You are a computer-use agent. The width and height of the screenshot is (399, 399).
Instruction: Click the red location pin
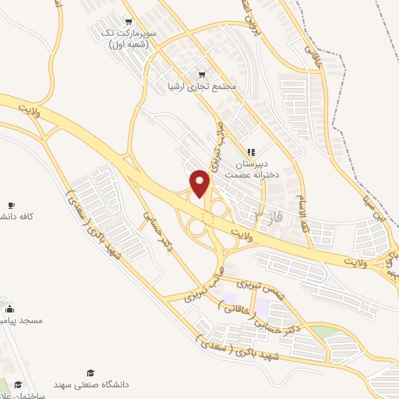(x=200, y=183)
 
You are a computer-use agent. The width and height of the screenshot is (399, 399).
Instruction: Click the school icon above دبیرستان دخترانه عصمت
(x=250, y=152)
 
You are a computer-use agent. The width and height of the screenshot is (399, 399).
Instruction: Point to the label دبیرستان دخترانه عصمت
(x=251, y=170)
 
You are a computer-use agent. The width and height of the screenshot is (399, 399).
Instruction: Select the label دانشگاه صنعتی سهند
(x=90, y=384)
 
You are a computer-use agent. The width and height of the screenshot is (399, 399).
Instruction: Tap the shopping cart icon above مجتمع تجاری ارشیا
(x=202, y=73)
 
